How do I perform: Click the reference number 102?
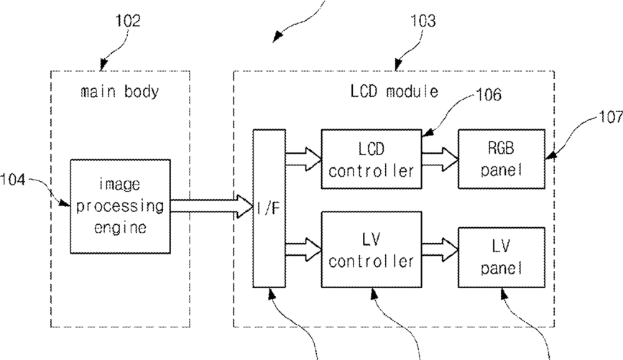coord(128,21)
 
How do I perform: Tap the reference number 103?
coord(423,21)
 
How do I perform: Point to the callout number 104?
coord(12,180)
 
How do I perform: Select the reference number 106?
coord(489,95)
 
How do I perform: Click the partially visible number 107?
coord(611,117)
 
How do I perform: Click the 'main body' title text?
coord(120,92)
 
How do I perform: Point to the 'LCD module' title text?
coord(394,92)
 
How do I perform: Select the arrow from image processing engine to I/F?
coord(212,206)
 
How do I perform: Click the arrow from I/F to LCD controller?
coord(303,159)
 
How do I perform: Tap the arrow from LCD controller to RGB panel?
coord(440,159)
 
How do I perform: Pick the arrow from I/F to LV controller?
coord(303,249)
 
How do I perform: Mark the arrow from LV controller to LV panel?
coord(440,249)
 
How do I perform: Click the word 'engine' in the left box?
coord(121,228)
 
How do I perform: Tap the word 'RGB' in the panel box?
coord(501,148)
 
